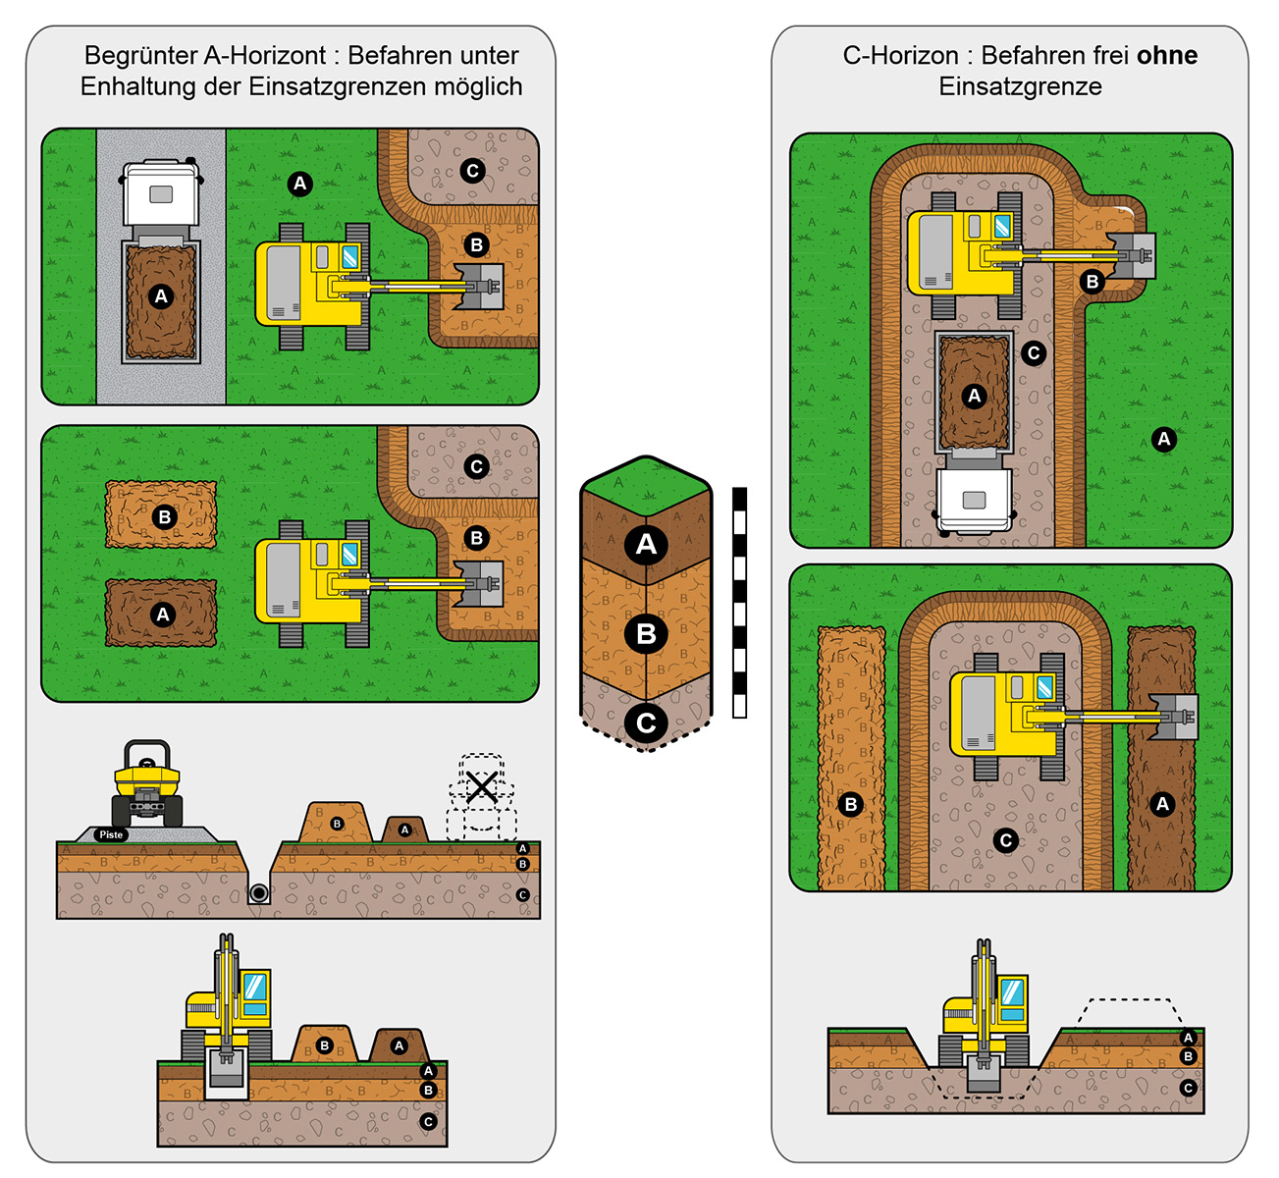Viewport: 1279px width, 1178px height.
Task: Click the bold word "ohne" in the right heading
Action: tap(1167, 56)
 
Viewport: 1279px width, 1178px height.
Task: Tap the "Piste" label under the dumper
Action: tap(111, 834)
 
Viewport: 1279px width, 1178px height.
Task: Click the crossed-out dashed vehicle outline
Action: tap(481, 786)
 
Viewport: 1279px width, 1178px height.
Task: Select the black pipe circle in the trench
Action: tap(259, 892)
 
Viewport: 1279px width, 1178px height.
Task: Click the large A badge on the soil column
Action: tap(646, 544)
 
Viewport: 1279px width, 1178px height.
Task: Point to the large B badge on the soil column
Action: tap(646, 633)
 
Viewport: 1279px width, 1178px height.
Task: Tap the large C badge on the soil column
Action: tap(646, 723)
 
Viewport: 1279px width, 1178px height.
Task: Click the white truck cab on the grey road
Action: tap(161, 193)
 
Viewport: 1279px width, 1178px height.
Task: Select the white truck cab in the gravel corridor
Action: tap(974, 500)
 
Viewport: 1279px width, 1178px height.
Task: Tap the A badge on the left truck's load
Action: tap(161, 296)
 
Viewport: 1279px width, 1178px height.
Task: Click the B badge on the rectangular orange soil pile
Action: tap(164, 516)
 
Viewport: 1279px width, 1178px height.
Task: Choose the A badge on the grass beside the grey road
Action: tap(299, 184)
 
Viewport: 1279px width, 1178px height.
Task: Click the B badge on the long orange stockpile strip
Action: tap(851, 804)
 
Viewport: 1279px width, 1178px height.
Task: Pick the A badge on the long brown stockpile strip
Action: tap(1162, 804)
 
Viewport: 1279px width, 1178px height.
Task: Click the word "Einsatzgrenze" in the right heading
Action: tap(1020, 86)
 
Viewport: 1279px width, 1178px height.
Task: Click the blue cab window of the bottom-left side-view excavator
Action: tap(255, 986)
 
